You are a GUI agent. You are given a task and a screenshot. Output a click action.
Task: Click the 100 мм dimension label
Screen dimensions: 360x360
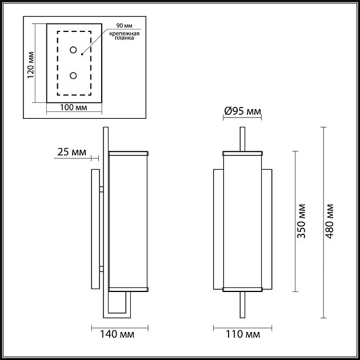click(x=74, y=107)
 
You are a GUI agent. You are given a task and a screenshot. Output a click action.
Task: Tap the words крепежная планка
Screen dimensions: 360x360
click(x=122, y=37)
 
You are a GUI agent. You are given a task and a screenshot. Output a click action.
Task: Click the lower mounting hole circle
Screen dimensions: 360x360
click(x=74, y=75)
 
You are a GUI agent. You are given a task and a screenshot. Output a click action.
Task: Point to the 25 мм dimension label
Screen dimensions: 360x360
click(x=72, y=152)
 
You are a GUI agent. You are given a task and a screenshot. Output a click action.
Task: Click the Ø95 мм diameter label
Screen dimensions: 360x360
click(x=242, y=111)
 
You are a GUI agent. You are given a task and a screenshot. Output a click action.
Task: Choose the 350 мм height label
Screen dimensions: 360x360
click(x=302, y=220)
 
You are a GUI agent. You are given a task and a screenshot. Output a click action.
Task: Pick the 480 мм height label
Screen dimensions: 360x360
click(x=330, y=220)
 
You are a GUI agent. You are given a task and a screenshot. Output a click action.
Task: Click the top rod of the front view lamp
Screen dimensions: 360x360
click(x=242, y=138)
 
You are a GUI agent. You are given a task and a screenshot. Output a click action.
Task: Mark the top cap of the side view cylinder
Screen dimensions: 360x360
click(x=128, y=153)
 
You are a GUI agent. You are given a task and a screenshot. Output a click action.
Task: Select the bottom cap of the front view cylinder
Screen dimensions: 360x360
click(x=242, y=289)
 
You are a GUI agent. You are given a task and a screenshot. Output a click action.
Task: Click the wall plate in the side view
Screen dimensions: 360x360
click(x=95, y=229)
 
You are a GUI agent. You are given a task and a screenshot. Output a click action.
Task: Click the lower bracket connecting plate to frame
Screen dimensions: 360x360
click(x=101, y=269)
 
